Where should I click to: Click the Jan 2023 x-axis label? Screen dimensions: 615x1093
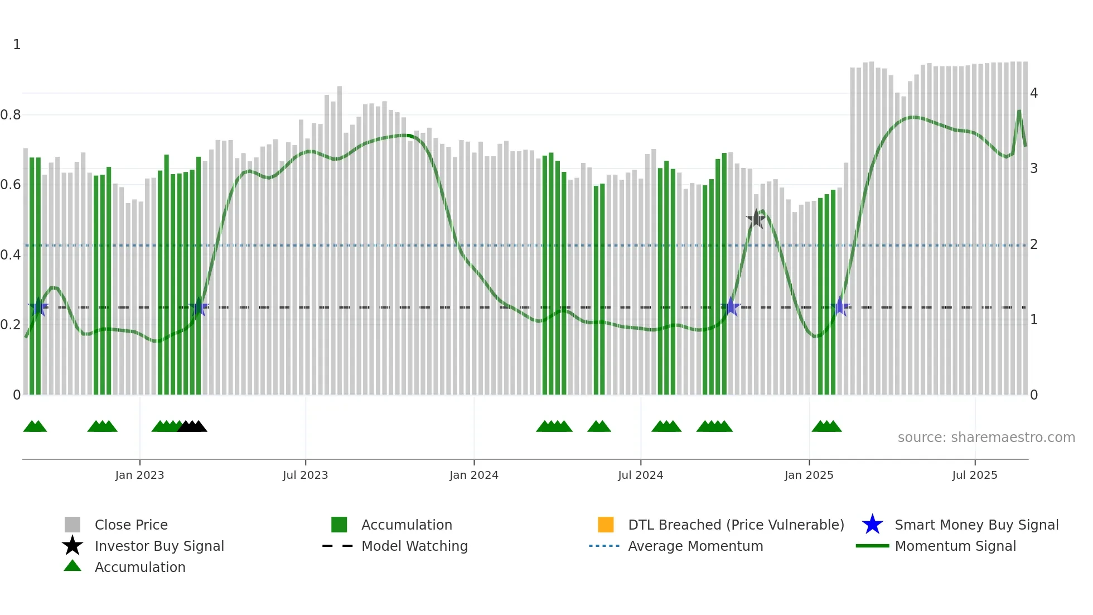click(x=139, y=475)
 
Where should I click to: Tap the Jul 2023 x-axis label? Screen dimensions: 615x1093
click(x=305, y=475)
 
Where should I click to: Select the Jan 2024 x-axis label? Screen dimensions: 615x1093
click(x=473, y=475)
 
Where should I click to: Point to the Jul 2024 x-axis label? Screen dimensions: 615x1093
click(x=640, y=475)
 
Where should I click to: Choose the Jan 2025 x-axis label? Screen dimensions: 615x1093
click(x=809, y=475)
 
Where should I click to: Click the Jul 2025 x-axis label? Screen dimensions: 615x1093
click(x=974, y=475)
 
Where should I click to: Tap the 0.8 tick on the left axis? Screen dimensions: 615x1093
click(x=11, y=115)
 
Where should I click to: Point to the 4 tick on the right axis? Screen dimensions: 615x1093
click(x=1034, y=93)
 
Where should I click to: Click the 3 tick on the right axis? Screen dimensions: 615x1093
click(x=1034, y=169)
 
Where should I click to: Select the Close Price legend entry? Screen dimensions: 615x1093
click(x=131, y=525)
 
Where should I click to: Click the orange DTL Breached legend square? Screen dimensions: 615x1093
click(x=606, y=525)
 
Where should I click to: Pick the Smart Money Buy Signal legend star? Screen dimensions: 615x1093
click(x=872, y=525)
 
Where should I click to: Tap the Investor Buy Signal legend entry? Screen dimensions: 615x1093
click(x=159, y=546)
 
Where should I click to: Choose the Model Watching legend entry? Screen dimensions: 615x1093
click(x=414, y=546)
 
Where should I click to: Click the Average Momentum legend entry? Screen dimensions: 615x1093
click(x=695, y=546)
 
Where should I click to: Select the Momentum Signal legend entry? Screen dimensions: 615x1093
click(x=955, y=546)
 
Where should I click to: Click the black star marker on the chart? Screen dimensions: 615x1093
click(x=756, y=219)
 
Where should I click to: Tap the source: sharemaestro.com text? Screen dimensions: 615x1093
click(x=986, y=438)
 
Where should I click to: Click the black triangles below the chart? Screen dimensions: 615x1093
click(x=192, y=427)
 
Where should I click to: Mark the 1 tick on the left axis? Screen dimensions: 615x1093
click(x=17, y=45)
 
